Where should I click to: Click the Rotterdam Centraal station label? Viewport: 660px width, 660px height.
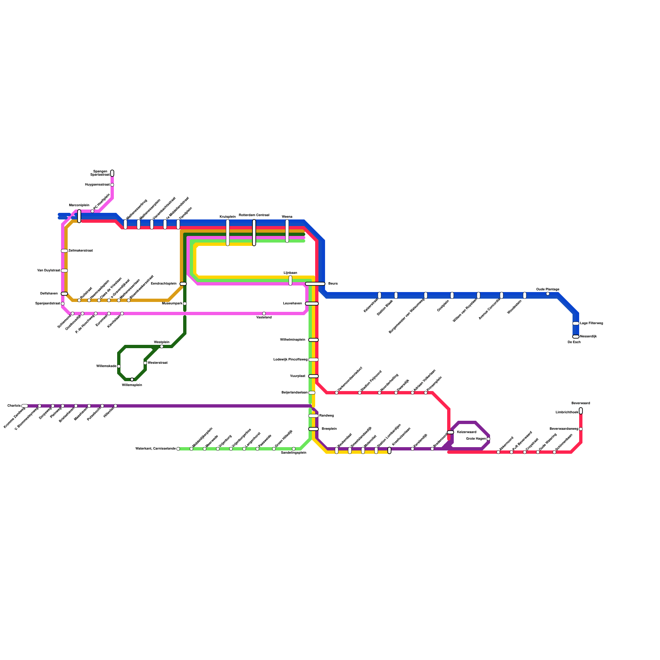(x=254, y=215)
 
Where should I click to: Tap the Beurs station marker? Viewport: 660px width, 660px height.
(x=315, y=284)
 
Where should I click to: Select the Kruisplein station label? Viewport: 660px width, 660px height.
(x=228, y=217)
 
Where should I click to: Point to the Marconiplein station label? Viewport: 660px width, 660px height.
(x=79, y=205)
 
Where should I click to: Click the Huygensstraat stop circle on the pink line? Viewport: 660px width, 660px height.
(x=112, y=185)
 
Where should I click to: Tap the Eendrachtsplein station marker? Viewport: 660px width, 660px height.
(x=183, y=284)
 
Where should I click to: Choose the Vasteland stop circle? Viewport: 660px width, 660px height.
(x=264, y=313)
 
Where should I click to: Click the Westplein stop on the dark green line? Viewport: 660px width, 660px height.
(x=162, y=346)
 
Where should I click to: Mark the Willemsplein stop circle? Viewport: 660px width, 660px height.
(x=132, y=379)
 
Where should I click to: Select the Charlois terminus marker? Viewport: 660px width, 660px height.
(x=25, y=406)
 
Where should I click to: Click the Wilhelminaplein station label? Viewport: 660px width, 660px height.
(x=292, y=340)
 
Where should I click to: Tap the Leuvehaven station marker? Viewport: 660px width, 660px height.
(x=312, y=304)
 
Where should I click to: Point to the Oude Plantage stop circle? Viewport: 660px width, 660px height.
(x=548, y=294)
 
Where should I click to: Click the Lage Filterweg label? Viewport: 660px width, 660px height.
(x=591, y=323)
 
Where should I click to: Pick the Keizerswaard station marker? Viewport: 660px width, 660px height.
(x=450, y=432)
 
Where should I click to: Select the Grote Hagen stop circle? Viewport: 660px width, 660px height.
(x=488, y=439)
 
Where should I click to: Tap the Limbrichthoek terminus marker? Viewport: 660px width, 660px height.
(x=581, y=411)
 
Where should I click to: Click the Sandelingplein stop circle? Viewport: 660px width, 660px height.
(x=294, y=449)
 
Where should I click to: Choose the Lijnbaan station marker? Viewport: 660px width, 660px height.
(x=290, y=280)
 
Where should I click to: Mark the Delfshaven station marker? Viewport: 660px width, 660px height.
(x=64, y=294)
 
